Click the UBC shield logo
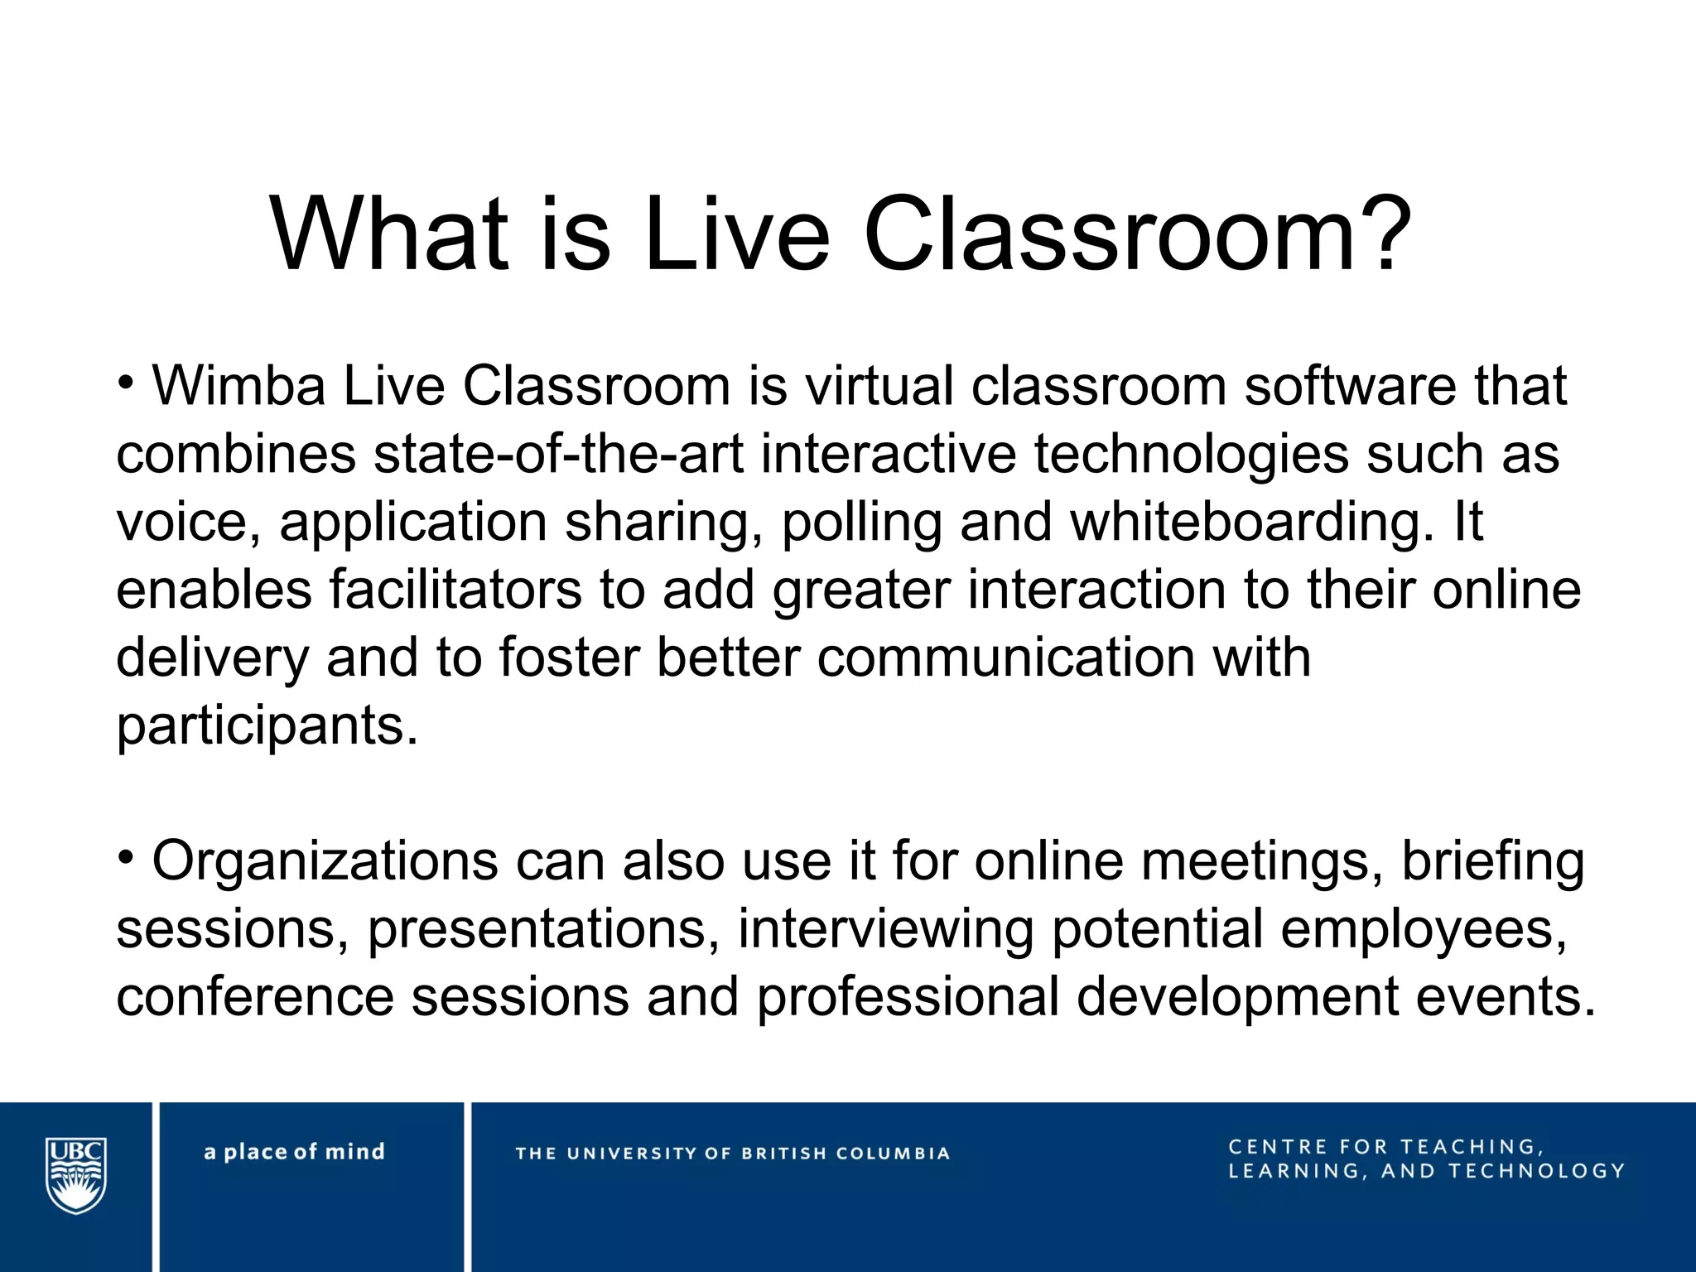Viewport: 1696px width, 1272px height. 76,1174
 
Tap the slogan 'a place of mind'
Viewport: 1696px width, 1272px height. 294,1152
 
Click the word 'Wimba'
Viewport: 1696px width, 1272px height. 239,386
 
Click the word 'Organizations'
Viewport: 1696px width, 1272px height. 325,861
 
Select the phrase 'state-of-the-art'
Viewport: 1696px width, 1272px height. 559,454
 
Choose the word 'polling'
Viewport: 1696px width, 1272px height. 861,522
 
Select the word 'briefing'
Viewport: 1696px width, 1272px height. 1492,861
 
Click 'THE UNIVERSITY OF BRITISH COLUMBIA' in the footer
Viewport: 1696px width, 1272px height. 732,1154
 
